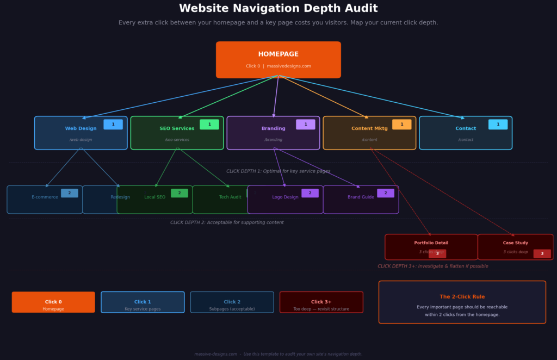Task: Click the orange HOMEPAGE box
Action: [x=278, y=60]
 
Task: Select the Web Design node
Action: [x=81, y=133]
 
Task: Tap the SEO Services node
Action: [x=177, y=133]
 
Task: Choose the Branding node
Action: [x=273, y=133]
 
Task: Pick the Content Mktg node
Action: [x=369, y=133]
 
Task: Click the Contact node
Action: [x=466, y=133]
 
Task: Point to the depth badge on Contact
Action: [x=498, y=125]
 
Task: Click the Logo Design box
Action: [x=285, y=200]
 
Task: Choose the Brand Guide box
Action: [x=361, y=200]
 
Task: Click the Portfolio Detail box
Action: [x=431, y=246]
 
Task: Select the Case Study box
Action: [x=515, y=246]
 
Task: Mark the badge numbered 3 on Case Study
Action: [x=542, y=253]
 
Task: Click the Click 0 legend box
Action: [x=53, y=302]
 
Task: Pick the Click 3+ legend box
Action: [x=321, y=302]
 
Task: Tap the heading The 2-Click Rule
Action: [x=462, y=297]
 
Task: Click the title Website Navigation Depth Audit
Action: [x=278, y=9]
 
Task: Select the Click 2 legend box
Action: [x=232, y=302]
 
